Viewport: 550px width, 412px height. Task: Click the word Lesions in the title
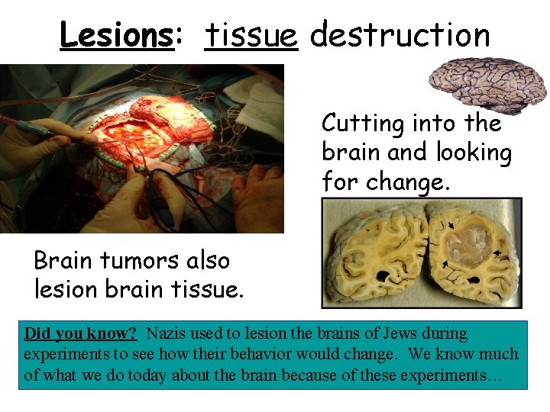click(117, 34)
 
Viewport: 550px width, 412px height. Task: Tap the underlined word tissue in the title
click(251, 34)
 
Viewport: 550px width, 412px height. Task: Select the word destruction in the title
click(400, 34)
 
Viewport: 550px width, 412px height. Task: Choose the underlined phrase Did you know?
click(80, 333)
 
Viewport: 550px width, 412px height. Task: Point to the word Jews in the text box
click(399, 333)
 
